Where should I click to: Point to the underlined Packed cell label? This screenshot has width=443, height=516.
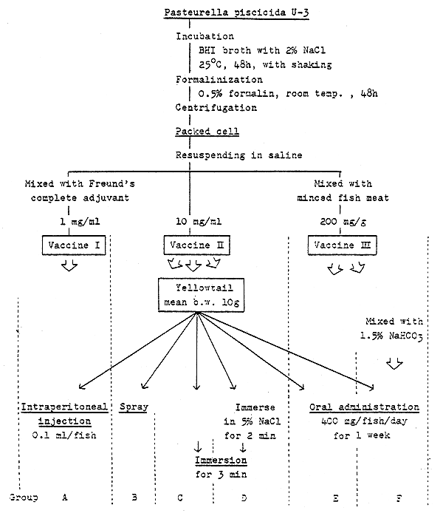tap(197, 132)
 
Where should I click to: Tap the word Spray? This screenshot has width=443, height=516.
tap(134, 407)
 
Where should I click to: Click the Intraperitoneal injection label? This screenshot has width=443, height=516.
tap(65, 414)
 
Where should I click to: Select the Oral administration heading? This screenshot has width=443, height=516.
tap(363, 407)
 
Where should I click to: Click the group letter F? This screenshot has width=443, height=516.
tap(399, 498)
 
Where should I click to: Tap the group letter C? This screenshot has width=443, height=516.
tap(180, 498)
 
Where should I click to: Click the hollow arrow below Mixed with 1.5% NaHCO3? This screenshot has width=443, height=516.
tap(394, 364)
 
